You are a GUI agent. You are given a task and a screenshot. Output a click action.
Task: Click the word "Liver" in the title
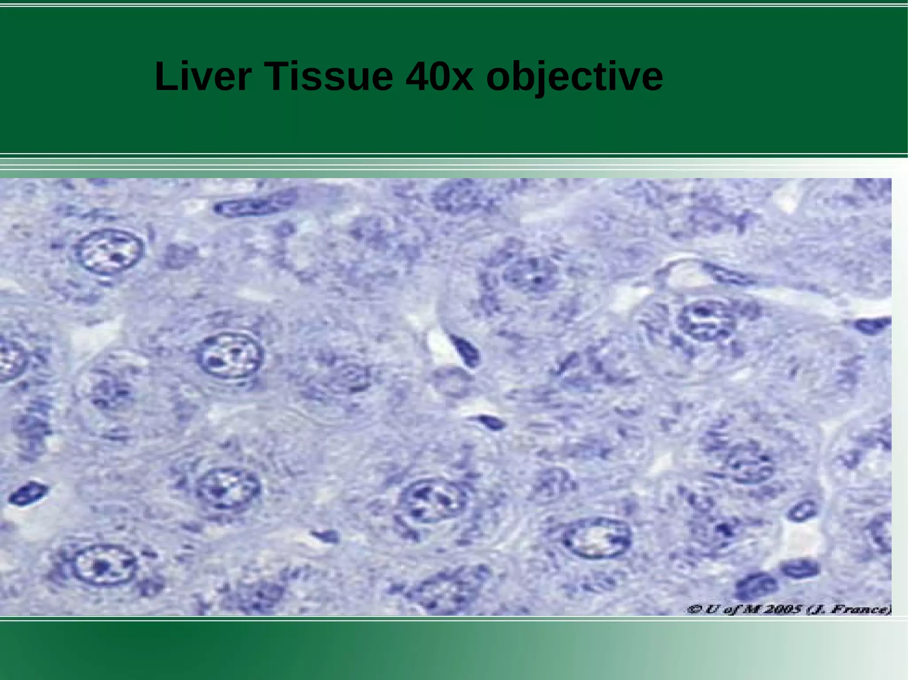pos(203,76)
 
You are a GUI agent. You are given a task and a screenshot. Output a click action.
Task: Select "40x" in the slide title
pos(439,76)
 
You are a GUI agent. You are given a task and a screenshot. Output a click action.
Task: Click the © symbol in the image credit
pos(693,610)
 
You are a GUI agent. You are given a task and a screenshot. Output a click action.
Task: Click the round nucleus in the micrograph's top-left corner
pos(110,252)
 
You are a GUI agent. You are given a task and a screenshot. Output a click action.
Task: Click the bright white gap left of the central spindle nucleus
pos(439,343)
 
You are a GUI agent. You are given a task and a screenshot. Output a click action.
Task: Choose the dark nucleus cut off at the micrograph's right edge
pos(873,326)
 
